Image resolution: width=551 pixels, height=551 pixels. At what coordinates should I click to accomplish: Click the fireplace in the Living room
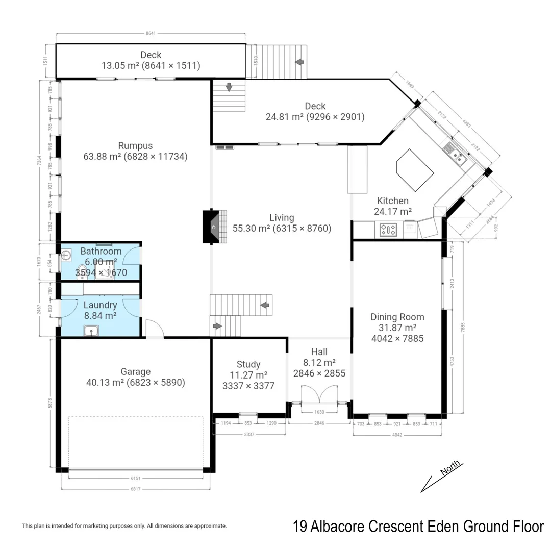[214, 227]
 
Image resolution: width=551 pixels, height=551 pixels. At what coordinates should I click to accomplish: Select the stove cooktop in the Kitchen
[388, 230]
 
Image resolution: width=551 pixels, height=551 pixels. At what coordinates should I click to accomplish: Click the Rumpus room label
[135, 145]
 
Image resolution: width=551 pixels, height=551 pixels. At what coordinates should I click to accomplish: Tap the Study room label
[248, 364]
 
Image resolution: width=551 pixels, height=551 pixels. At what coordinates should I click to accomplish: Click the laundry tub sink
[92, 332]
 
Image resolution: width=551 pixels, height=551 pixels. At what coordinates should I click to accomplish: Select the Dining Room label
[397, 317]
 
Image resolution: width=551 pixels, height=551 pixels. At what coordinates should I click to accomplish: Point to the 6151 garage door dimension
[135, 478]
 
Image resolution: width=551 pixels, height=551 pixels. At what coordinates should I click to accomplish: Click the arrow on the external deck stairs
[299, 62]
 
